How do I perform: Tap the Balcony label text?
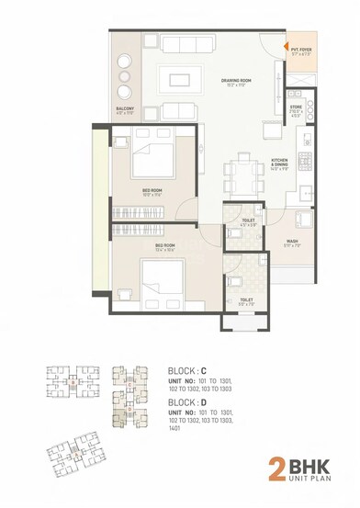coord(126,109)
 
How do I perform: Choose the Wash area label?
coord(291,244)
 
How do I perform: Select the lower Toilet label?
coord(245,300)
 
